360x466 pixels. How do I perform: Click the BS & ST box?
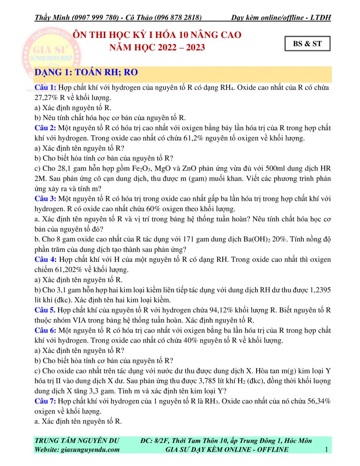[307, 44]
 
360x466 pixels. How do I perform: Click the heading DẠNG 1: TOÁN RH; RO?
[86, 72]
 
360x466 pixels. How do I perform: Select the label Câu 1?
[45, 87]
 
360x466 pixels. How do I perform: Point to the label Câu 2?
[45, 128]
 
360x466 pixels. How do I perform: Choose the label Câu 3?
[45, 199]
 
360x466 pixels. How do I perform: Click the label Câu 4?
[45, 260]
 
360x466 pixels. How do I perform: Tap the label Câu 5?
[45, 310]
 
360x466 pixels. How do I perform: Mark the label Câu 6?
[45, 330]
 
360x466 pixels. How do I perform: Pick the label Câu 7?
[45, 401]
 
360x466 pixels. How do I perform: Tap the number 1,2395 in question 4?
[318, 290]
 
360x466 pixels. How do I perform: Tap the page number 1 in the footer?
[326, 449]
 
